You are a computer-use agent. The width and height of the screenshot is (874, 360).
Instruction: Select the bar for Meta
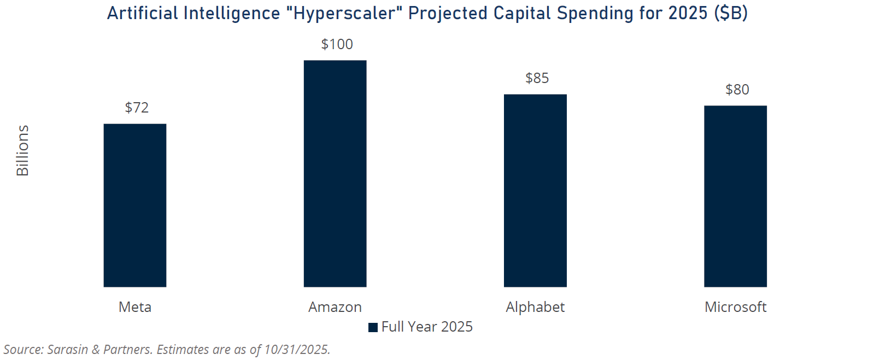point(135,205)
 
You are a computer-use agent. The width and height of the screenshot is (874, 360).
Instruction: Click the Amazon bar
point(335,174)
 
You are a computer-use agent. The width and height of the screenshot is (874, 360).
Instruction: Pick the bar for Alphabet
point(535,191)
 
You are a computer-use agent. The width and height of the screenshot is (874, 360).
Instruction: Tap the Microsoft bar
point(735,196)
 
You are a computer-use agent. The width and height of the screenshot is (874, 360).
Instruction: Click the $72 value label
point(137,108)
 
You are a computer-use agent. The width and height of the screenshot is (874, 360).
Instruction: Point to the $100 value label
point(337,44)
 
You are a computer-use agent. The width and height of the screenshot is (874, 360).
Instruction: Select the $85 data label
point(537,78)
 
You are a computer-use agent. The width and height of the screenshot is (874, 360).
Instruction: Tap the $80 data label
point(737,90)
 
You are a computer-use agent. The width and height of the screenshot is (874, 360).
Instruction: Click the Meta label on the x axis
point(135,307)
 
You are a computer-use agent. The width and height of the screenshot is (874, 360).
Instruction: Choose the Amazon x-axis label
point(335,307)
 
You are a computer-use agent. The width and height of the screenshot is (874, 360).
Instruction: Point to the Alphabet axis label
point(535,307)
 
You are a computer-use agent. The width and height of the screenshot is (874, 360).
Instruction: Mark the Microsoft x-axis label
point(735,307)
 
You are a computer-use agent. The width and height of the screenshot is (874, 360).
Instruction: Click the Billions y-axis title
point(22,151)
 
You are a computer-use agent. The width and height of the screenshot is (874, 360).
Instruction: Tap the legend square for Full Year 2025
point(373,327)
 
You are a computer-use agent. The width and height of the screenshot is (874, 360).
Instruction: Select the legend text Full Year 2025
point(427,327)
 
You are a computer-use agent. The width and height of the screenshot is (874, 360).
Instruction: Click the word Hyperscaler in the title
point(344,13)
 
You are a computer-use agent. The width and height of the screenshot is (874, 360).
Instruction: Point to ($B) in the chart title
point(731,13)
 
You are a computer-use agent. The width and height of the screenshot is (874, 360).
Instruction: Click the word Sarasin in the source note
point(68,350)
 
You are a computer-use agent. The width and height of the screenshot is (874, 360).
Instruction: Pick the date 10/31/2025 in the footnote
point(296,350)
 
